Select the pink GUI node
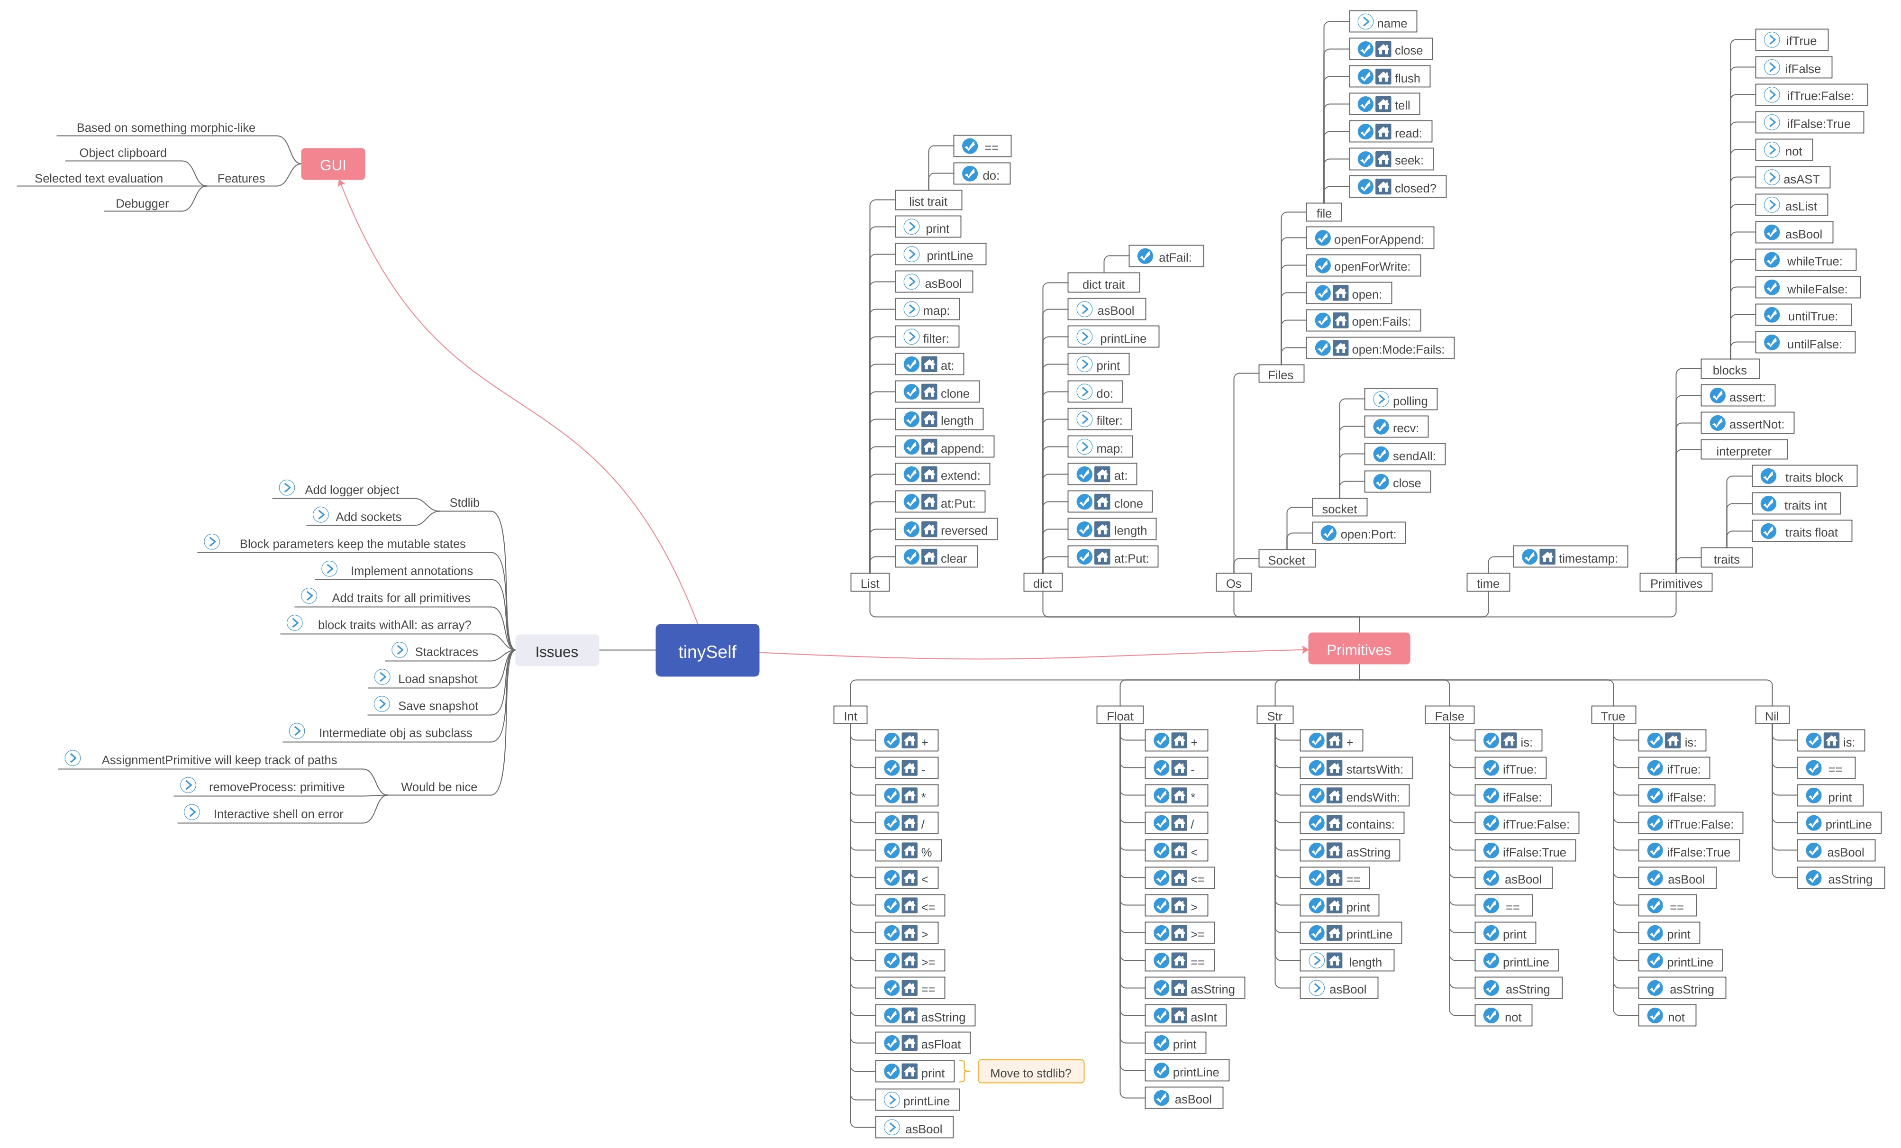click(x=333, y=164)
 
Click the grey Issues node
click(x=556, y=651)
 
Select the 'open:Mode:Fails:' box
click(x=1380, y=349)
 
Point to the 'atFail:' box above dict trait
click(x=1166, y=257)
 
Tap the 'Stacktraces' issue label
click(x=446, y=651)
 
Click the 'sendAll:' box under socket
click(x=1404, y=455)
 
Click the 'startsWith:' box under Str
click(x=1356, y=768)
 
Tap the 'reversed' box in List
click(x=946, y=530)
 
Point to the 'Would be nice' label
click(x=438, y=786)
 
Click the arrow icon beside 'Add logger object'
click(x=287, y=488)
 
